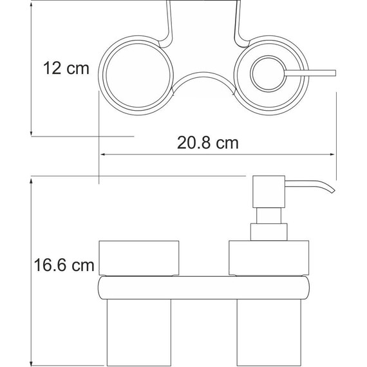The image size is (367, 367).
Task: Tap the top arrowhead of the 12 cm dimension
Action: pos(32,5)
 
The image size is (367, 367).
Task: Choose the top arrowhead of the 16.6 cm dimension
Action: pos(32,181)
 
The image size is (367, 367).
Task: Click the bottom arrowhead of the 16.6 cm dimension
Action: pos(32,362)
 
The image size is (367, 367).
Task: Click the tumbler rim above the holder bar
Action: pos(138,257)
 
